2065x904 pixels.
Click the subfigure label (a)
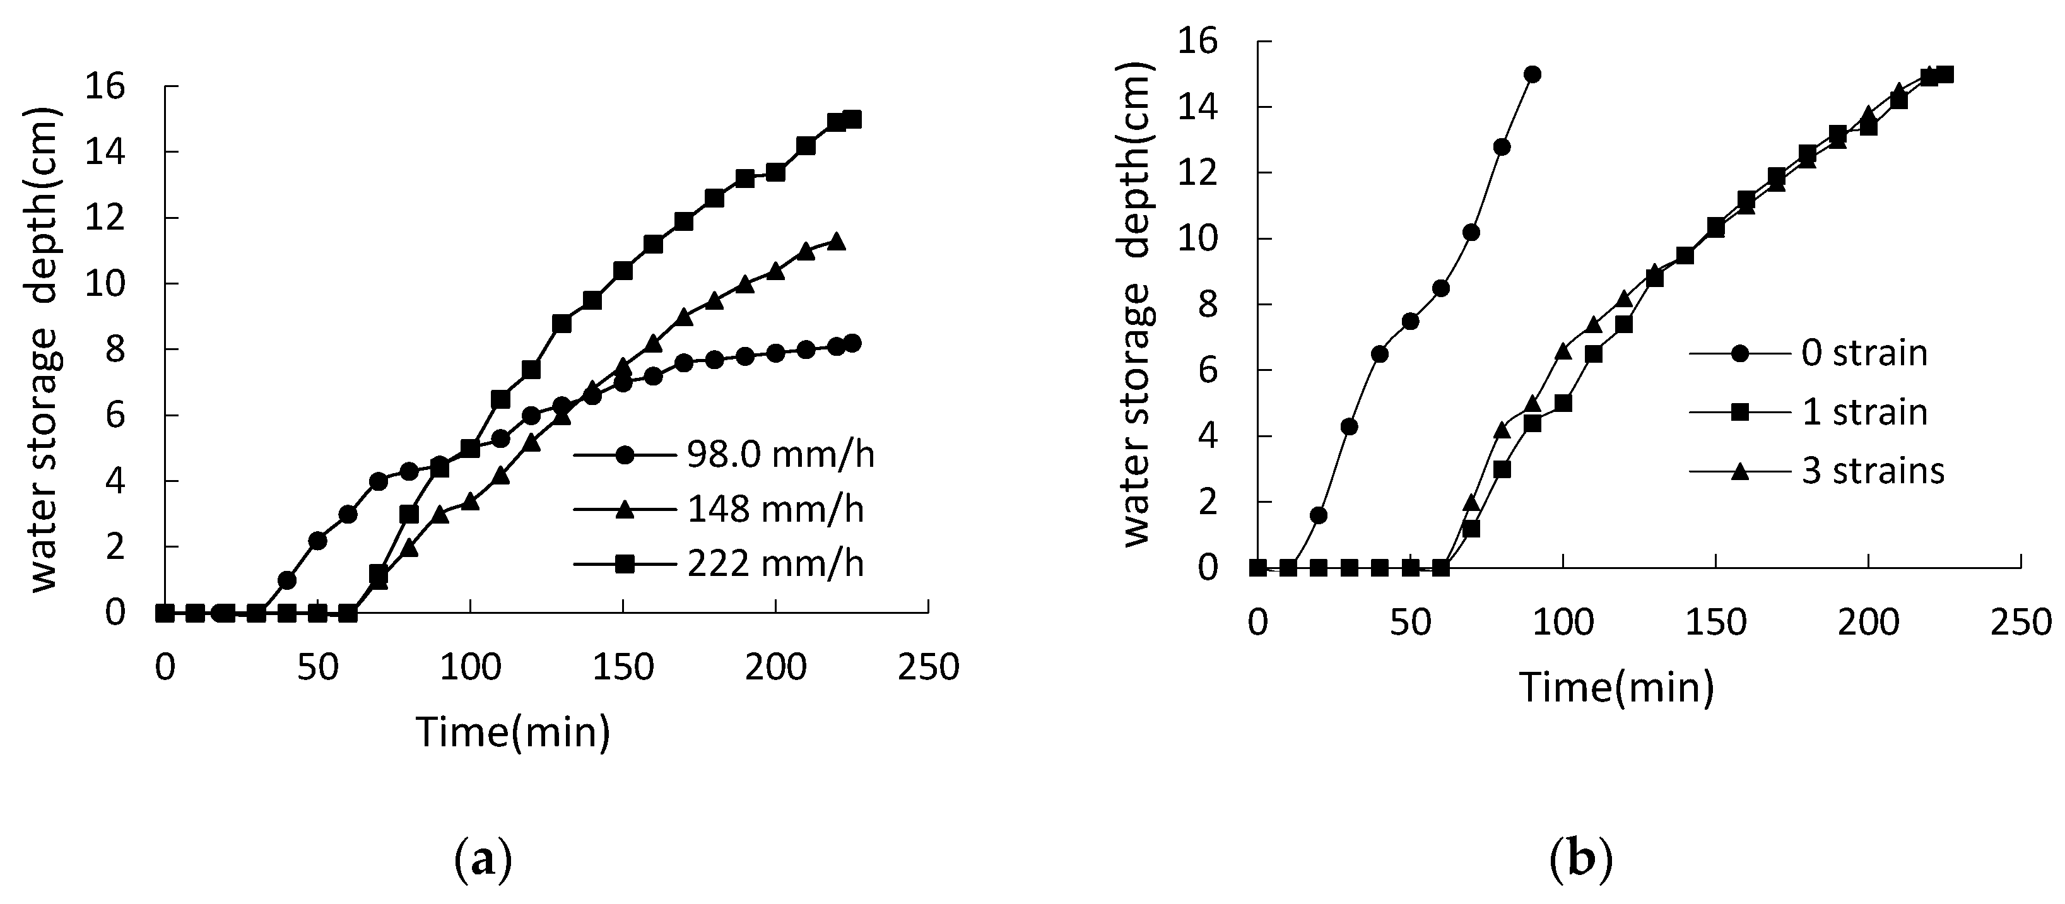(483, 859)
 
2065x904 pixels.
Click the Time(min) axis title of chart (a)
(513, 732)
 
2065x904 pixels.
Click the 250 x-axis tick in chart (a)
(928, 667)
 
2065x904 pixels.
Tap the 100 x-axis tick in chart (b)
(1563, 623)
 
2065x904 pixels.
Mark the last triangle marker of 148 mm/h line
(836, 241)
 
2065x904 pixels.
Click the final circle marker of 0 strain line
(1533, 74)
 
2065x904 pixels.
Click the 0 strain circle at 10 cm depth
(1471, 232)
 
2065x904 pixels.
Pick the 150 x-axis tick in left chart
(623, 667)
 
